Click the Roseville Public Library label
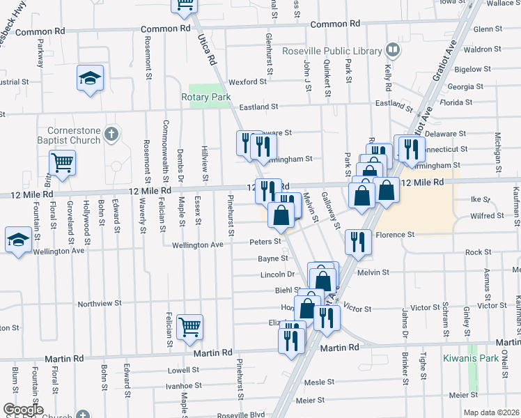(x=332, y=51)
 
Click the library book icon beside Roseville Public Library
(x=393, y=50)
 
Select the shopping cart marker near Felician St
(x=189, y=326)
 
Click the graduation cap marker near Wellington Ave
(x=17, y=240)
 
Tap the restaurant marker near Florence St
(x=357, y=242)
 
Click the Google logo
(x=22, y=410)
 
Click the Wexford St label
(x=248, y=82)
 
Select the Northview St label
(x=100, y=304)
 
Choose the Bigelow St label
(x=467, y=69)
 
